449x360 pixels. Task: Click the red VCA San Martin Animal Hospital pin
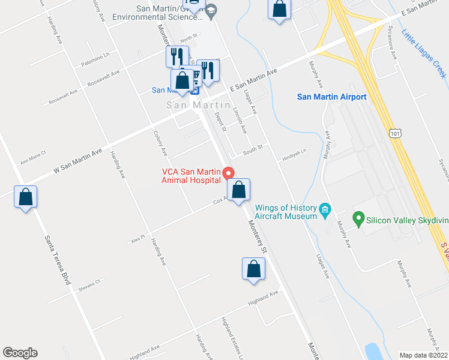(228, 173)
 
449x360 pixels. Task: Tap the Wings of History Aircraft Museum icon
(325, 209)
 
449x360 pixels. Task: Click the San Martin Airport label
(332, 97)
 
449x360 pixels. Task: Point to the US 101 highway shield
(394, 130)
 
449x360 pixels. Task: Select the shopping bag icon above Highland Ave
(253, 270)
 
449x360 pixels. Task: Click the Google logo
(20, 353)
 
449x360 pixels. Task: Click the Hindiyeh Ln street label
(295, 151)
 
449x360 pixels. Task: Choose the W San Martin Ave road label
(77, 162)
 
